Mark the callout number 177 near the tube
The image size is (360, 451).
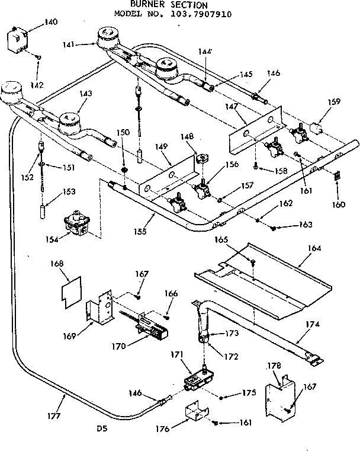click(x=54, y=416)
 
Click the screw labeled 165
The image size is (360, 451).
click(x=253, y=262)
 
